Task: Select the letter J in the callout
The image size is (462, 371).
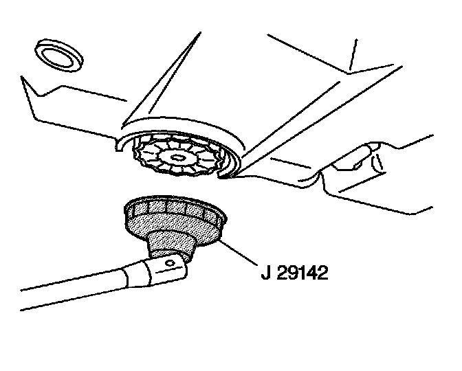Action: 265,273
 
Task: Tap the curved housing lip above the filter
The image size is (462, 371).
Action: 179,125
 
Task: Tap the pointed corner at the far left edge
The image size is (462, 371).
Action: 22,78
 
